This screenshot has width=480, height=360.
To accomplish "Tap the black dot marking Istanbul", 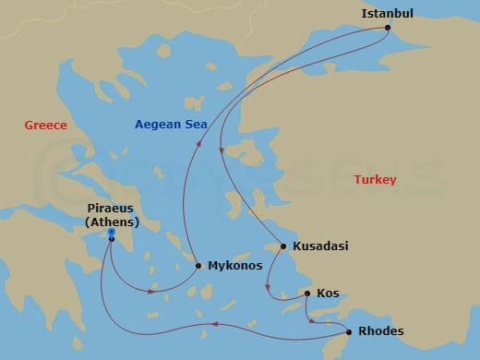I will point(386,27).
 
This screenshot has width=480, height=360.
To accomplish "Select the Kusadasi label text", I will point(320,246).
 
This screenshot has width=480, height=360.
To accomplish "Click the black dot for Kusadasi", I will point(283,246).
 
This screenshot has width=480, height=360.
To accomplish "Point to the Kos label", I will point(328,294).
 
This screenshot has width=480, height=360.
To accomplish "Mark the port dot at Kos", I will point(307,294).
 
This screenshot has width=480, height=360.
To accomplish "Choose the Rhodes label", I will point(379,331).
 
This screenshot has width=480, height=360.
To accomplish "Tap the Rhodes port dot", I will point(349,331).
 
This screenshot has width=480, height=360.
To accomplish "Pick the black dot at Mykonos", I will point(198,266).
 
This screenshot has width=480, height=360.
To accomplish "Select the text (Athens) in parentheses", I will point(112,222).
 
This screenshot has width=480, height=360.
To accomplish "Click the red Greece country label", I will point(45,126).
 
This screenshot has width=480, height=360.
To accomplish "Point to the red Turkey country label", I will point(375,180).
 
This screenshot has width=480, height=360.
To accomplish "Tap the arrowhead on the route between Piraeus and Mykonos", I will point(152,291).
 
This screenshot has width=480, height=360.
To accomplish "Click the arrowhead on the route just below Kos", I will point(312,320).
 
